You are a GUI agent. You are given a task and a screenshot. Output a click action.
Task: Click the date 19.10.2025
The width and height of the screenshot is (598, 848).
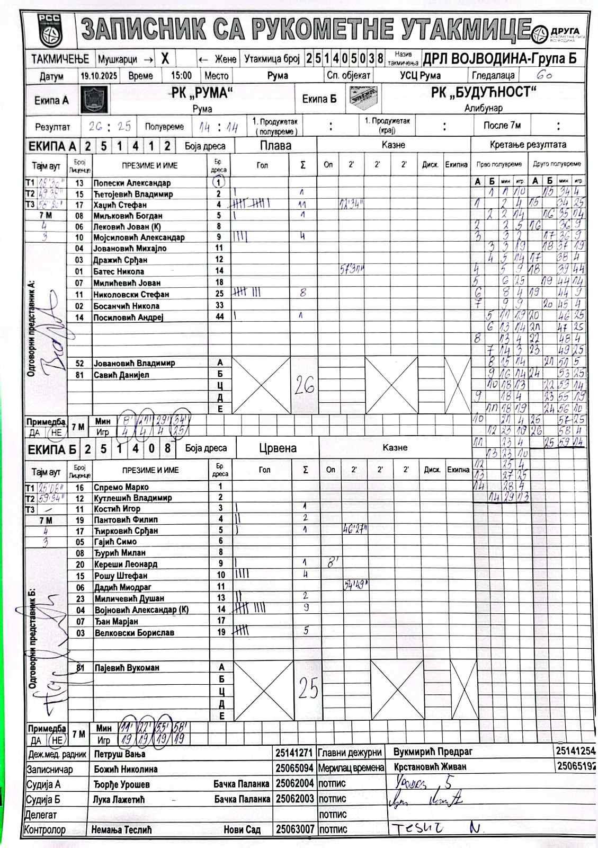[x=99, y=76]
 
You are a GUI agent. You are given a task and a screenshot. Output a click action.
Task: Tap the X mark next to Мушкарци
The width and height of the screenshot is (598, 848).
[x=165, y=58]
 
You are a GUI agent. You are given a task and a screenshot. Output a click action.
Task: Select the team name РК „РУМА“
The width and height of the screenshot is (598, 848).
[x=202, y=93]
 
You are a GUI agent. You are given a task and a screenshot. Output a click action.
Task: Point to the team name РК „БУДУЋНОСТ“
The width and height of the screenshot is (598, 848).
[x=483, y=93]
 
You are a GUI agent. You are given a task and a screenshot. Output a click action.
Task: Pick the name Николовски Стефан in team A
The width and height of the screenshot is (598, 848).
[x=131, y=295]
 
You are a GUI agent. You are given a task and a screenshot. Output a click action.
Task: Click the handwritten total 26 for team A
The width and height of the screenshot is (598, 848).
[x=304, y=386]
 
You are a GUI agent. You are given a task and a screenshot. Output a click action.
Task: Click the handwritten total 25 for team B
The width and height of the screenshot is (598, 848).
[x=308, y=689]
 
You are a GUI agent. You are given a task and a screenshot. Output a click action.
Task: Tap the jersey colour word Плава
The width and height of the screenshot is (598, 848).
[x=275, y=146]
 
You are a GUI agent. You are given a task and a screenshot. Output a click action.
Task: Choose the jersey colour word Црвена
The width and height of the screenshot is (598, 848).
[x=278, y=448]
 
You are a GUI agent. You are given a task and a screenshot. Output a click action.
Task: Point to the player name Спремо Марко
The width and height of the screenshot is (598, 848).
[x=121, y=487]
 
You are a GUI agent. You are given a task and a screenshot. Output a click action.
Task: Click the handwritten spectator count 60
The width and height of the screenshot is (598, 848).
[x=544, y=76]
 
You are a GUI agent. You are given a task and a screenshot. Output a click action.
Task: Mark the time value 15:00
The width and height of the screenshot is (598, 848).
[x=181, y=76]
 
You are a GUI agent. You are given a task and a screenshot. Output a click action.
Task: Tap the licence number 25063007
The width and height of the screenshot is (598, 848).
[x=295, y=829]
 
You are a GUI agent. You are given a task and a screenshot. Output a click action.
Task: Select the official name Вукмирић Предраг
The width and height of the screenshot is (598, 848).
[x=433, y=752]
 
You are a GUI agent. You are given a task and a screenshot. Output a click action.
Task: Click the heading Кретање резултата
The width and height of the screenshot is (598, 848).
[x=528, y=145]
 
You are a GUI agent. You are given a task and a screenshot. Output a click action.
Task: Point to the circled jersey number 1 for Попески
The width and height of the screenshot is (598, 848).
[x=218, y=182]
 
